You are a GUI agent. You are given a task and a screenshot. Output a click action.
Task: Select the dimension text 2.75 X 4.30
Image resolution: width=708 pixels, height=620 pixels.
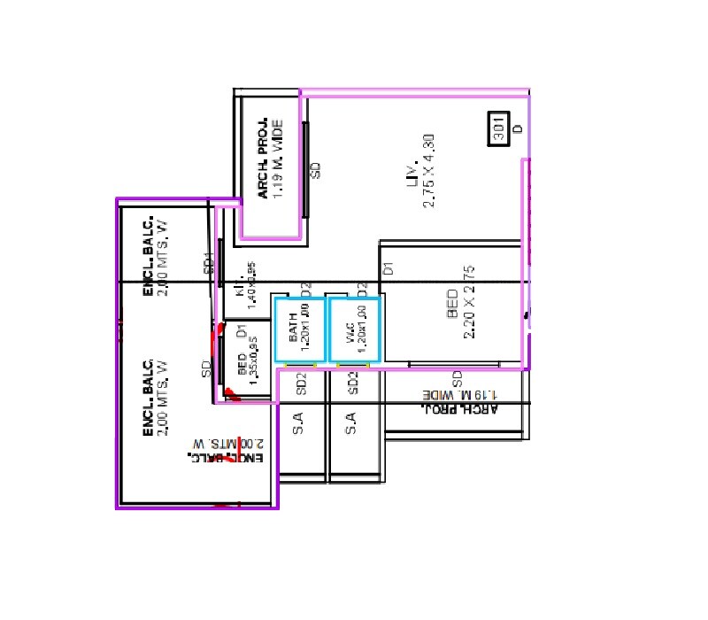(429, 171)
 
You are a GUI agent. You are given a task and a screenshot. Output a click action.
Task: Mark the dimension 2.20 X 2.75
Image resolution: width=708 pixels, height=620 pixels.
(470, 302)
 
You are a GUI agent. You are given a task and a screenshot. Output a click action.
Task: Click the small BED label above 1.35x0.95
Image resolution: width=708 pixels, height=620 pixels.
(242, 364)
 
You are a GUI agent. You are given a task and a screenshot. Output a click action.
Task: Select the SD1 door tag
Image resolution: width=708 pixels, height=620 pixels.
(209, 263)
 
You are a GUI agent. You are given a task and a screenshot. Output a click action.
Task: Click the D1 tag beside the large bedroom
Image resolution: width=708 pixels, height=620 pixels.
(388, 267)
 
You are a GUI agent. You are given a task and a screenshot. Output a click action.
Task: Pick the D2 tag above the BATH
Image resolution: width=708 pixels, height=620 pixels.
(305, 289)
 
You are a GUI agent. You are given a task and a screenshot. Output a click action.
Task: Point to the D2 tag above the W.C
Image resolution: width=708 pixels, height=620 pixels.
(361, 289)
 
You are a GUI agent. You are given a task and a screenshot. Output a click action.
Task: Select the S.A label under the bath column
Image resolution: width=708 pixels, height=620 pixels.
(299, 423)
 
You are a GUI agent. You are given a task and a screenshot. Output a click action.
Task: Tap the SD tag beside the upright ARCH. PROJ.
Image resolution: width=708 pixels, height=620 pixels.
(315, 169)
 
